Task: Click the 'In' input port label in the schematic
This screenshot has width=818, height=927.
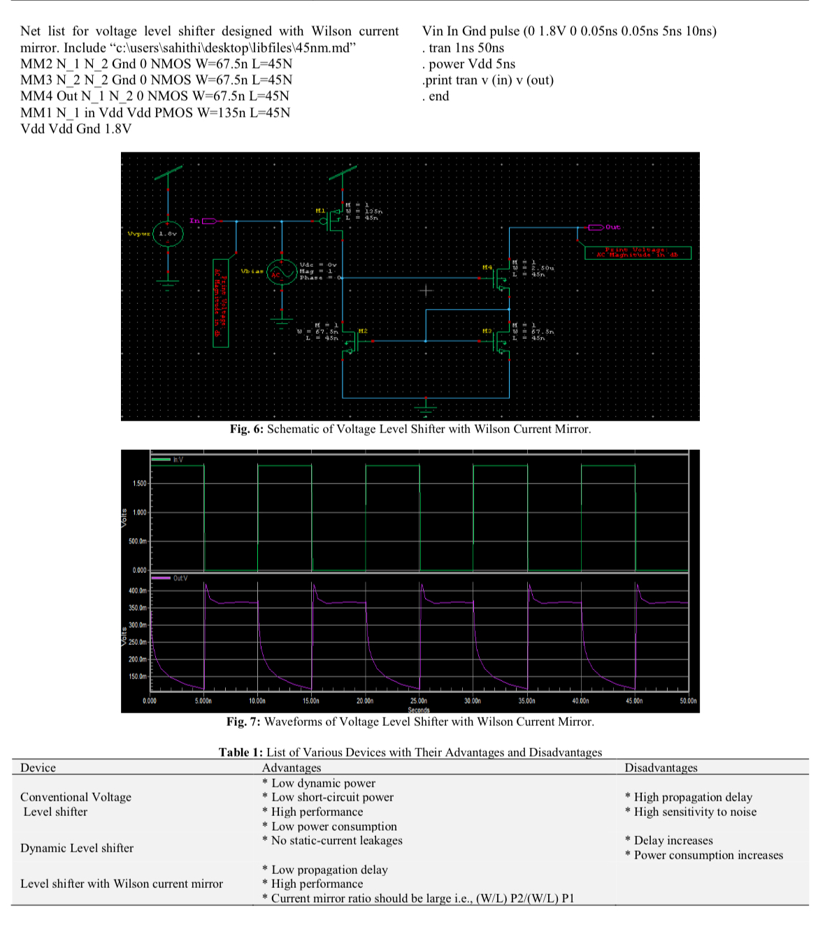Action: pos(195,221)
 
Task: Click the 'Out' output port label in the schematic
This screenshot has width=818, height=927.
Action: pos(612,227)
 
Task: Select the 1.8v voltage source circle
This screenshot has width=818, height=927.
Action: pos(168,234)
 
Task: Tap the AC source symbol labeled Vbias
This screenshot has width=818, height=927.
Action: pos(282,272)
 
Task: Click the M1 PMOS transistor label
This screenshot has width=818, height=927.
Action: pos(320,210)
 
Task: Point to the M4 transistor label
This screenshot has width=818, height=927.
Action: pos(487,267)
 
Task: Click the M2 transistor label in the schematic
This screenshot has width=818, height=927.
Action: pos(363,330)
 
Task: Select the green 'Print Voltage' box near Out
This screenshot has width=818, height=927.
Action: pos(637,252)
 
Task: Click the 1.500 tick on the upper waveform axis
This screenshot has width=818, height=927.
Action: pos(139,483)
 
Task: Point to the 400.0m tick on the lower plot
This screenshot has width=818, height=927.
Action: pos(138,590)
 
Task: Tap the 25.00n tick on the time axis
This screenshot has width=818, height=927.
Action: pos(418,701)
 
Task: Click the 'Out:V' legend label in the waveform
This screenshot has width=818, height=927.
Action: pos(180,578)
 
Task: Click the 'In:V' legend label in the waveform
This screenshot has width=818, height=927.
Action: pos(178,459)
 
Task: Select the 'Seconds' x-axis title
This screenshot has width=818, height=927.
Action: pos(418,709)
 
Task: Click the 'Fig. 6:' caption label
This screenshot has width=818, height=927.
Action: pos(246,429)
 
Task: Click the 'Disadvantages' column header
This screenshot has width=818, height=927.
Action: pos(661,768)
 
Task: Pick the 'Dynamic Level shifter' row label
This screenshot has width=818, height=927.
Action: pos(77,847)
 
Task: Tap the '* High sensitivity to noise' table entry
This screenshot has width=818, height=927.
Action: pos(691,812)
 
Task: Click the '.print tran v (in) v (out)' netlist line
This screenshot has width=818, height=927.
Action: pos(487,80)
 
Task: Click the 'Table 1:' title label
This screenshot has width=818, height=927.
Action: pos(241,752)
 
